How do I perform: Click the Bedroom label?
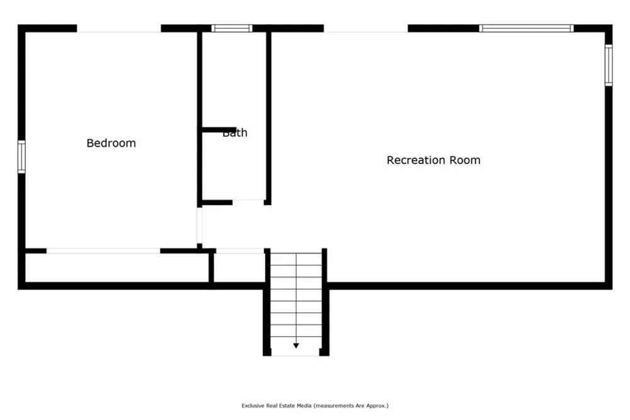click(112, 143)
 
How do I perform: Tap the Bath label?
click(235, 133)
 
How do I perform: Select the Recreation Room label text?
click(433, 160)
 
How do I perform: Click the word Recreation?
click(416, 160)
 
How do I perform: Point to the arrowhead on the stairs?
click(296, 346)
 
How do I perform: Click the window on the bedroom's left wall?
click(21, 157)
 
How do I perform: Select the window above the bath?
click(232, 28)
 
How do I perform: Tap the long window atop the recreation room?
click(526, 28)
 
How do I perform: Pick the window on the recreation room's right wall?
click(609, 65)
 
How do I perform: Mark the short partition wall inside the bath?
click(219, 129)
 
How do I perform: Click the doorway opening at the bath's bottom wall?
click(248, 202)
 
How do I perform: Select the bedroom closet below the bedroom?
click(117, 268)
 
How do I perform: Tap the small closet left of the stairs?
click(239, 268)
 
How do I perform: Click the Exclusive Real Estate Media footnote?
click(315, 405)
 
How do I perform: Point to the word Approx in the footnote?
click(377, 406)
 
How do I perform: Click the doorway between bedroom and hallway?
click(199, 225)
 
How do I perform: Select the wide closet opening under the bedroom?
click(103, 251)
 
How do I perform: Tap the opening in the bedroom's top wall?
click(119, 28)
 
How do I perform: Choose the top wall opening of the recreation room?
click(366, 28)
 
